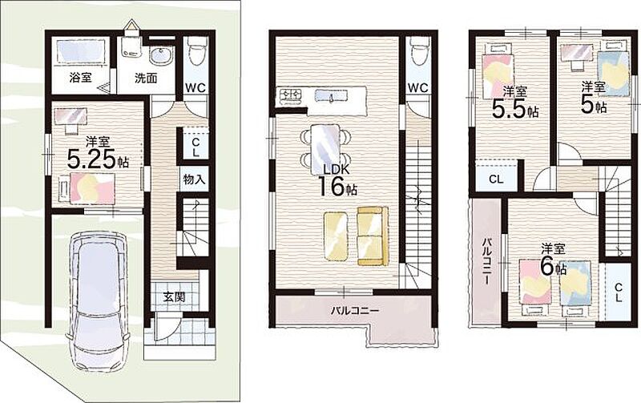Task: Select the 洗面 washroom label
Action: click(146, 78)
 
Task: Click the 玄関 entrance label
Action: click(174, 297)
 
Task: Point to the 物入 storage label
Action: click(194, 179)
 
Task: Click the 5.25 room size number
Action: click(92, 159)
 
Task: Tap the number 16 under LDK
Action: click(331, 187)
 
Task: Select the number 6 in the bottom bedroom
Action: click(547, 267)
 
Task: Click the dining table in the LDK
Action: click(325, 149)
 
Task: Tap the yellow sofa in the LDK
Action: click(373, 236)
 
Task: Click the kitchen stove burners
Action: click(290, 95)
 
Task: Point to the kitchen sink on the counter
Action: click(332, 96)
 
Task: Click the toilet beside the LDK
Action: click(419, 52)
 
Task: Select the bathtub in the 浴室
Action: click(80, 51)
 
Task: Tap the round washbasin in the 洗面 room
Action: click(162, 56)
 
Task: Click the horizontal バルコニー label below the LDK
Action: click(355, 311)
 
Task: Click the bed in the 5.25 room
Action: click(89, 188)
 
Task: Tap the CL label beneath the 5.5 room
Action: click(496, 179)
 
